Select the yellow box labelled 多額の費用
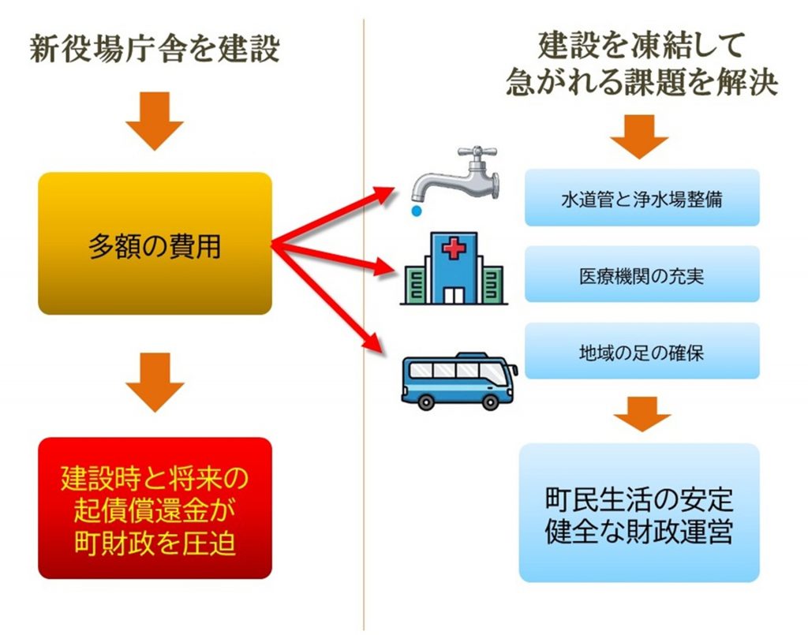click(155, 244)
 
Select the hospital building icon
click(453, 268)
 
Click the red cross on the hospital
click(454, 249)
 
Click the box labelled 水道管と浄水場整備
click(642, 198)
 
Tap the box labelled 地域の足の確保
click(642, 351)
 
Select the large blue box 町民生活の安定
click(639, 513)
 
